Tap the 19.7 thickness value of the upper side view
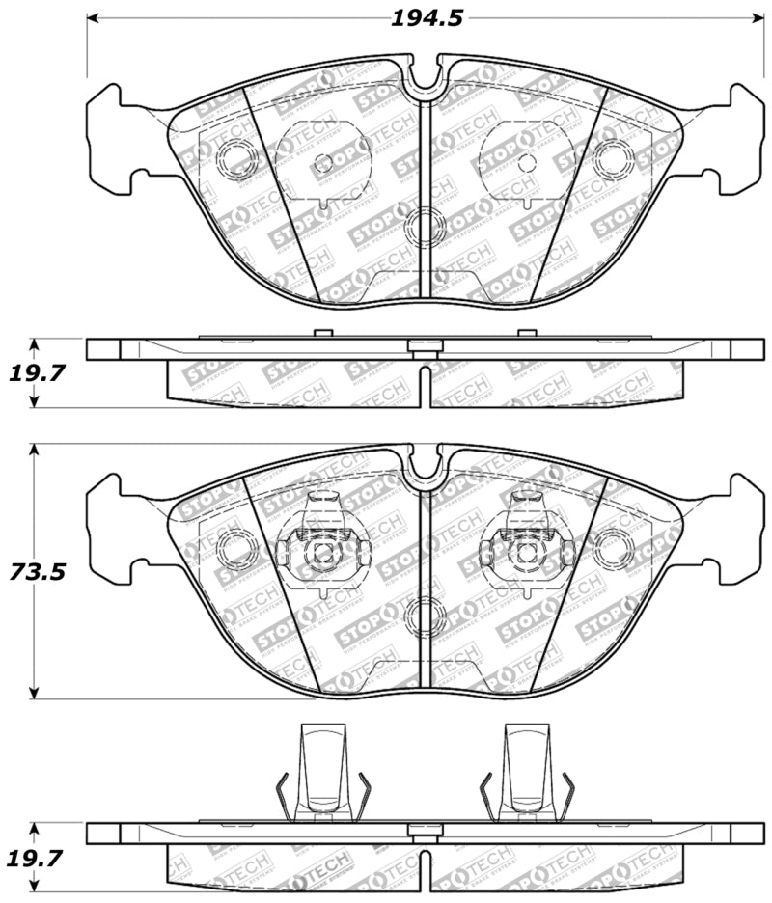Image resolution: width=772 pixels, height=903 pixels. (34, 372)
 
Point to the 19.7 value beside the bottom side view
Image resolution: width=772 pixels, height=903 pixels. (34, 857)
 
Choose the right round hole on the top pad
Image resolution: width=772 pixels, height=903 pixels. (612, 157)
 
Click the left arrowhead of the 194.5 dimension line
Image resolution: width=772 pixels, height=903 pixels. (93, 18)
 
